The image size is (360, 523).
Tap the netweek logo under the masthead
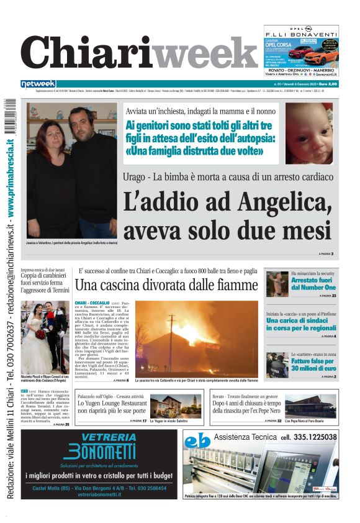point(38,84)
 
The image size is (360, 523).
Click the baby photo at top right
point(308,133)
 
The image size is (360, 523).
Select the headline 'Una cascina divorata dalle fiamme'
point(166,285)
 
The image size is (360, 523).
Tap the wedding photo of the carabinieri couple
point(45,335)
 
